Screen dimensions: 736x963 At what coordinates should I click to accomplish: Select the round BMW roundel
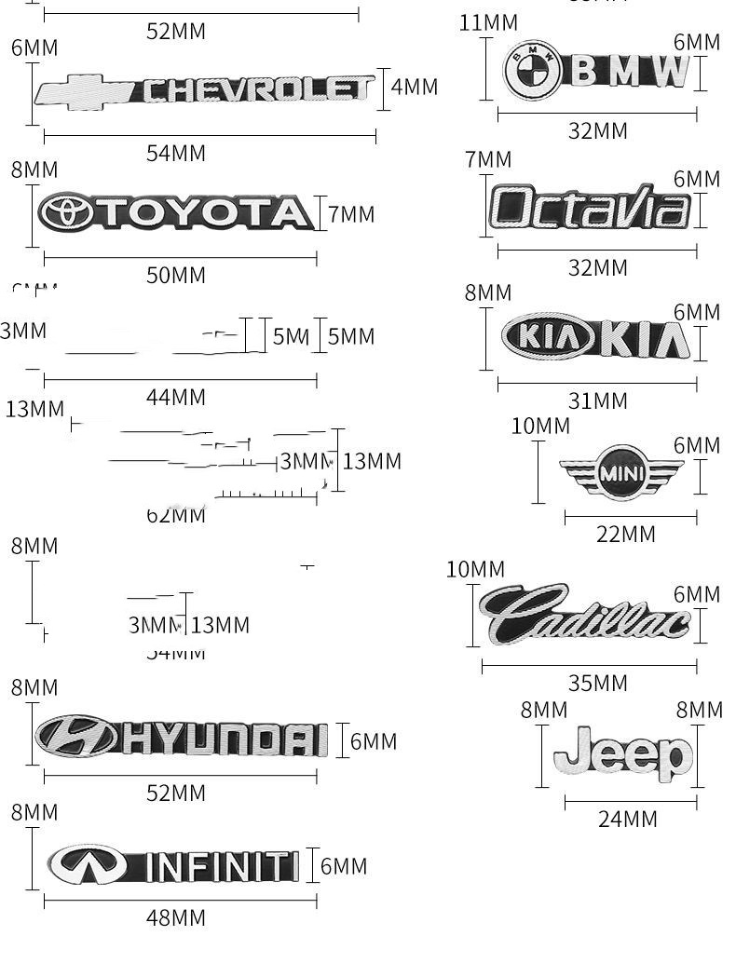click(x=531, y=69)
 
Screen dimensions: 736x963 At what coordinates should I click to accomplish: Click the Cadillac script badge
click(x=584, y=615)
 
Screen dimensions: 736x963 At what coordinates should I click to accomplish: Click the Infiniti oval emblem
click(x=87, y=865)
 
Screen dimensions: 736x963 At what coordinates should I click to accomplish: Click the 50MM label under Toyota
click(x=176, y=276)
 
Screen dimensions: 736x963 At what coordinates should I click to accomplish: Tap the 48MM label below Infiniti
click(x=176, y=918)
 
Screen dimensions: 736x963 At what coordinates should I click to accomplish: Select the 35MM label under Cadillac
click(x=598, y=684)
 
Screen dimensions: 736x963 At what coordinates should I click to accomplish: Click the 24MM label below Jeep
click(x=627, y=820)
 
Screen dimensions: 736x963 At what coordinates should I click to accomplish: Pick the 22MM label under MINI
click(x=625, y=535)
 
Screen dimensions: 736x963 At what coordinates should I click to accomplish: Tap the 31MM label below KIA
click(x=598, y=401)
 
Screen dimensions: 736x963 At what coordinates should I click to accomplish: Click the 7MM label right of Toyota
click(x=351, y=215)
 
